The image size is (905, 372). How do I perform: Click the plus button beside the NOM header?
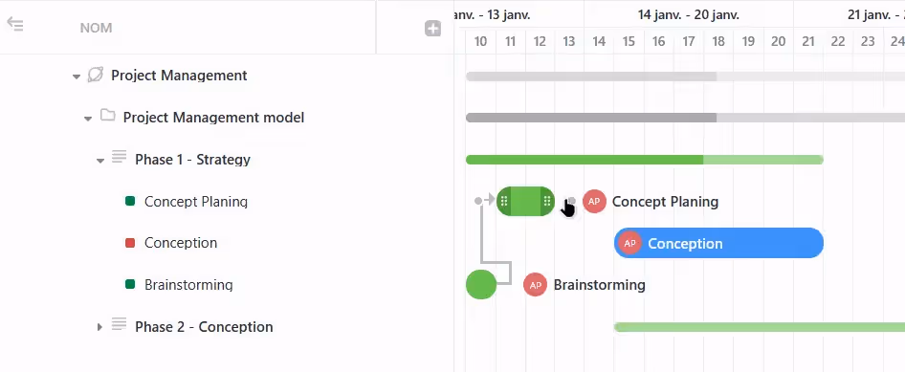pyautogui.click(x=432, y=29)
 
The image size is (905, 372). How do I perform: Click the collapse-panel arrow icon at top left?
pyautogui.click(x=15, y=24)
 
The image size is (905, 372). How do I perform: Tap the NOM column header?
pyautogui.click(x=96, y=29)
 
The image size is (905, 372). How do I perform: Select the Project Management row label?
pyautogui.click(x=179, y=76)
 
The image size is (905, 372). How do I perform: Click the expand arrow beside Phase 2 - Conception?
pyautogui.click(x=99, y=327)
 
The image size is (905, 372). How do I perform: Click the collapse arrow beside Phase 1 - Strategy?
pyautogui.click(x=99, y=160)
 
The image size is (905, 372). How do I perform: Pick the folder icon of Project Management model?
pyautogui.click(x=108, y=117)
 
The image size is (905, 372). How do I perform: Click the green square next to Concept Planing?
pyautogui.click(x=130, y=202)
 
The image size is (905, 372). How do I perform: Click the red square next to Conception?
pyautogui.click(x=130, y=243)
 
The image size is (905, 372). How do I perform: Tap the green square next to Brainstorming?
pyautogui.click(x=130, y=285)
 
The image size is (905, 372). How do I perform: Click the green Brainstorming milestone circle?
pyautogui.click(x=481, y=284)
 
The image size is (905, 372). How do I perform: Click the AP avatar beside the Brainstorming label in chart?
pyautogui.click(x=535, y=285)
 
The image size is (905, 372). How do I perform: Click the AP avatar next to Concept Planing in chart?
pyautogui.click(x=594, y=201)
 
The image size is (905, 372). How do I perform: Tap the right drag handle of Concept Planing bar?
pyautogui.click(x=546, y=201)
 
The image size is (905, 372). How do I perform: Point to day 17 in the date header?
pyautogui.click(x=688, y=41)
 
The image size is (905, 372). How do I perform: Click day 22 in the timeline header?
pyautogui.click(x=837, y=41)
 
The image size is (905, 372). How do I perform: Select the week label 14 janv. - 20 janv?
pyautogui.click(x=688, y=14)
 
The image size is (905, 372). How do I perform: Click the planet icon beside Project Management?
pyautogui.click(x=96, y=75)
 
